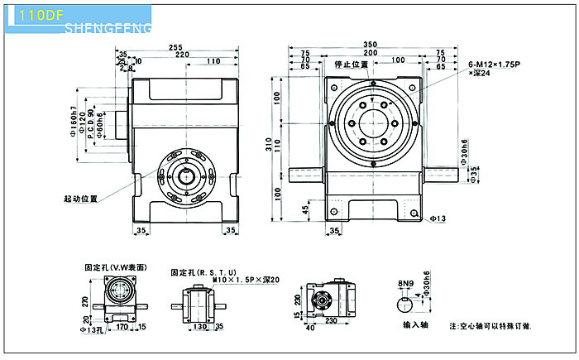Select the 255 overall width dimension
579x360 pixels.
pyautogui.click(x=175, y=48)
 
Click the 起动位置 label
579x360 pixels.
pyautogui.click(x=80, y=199)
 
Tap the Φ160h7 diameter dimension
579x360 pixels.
pyautogui.click(x=75, y=122)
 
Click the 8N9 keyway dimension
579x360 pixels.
pyautogui.click(x=404, y=283)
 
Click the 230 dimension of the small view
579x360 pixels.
pyautogui.click(x=332, y=321)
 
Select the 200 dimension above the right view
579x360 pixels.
pyautogui.click(x=370, y=52)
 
